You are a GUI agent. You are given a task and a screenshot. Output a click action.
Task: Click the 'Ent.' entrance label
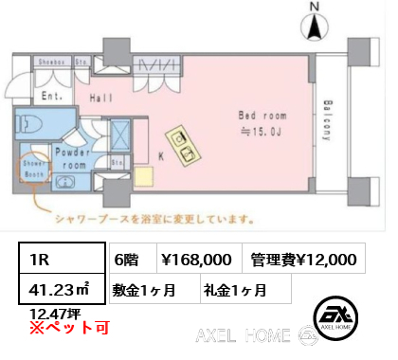52,96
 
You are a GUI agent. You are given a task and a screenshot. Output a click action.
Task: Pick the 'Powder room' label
72,157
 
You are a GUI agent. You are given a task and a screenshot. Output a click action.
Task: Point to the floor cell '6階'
127,259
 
